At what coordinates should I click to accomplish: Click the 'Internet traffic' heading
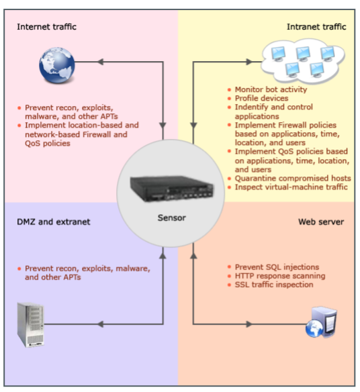coord(46,27)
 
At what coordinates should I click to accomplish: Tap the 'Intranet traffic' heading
coord(316,27)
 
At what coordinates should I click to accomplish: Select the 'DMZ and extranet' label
coord(53,222)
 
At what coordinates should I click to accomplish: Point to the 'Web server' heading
coord(321,222)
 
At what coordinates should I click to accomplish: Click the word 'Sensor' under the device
coord(172,217)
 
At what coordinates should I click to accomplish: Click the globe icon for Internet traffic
coord(57,65)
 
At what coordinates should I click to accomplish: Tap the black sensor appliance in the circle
coord(172,189)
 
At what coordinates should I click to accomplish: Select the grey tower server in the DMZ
coord(30,325)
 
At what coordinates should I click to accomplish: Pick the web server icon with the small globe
coord(321,322)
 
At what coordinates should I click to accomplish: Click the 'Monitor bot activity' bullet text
coord(271,89)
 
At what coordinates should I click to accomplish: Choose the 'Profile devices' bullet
coord(261,98)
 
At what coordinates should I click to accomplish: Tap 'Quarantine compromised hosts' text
coord(293,179)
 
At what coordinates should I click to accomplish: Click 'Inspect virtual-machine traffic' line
coord(291,187)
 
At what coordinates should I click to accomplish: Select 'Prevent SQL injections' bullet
coord(277,267)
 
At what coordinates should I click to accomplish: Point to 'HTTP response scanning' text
coord(280,276)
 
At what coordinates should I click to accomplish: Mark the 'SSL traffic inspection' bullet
coord(274,285)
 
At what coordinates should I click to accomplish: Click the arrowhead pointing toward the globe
coord(100,62)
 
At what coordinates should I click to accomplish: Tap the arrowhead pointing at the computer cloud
coord(249,62)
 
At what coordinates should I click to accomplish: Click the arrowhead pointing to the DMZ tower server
coord(100,324)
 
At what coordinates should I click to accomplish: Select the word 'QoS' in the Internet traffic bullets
coord(32,143)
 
